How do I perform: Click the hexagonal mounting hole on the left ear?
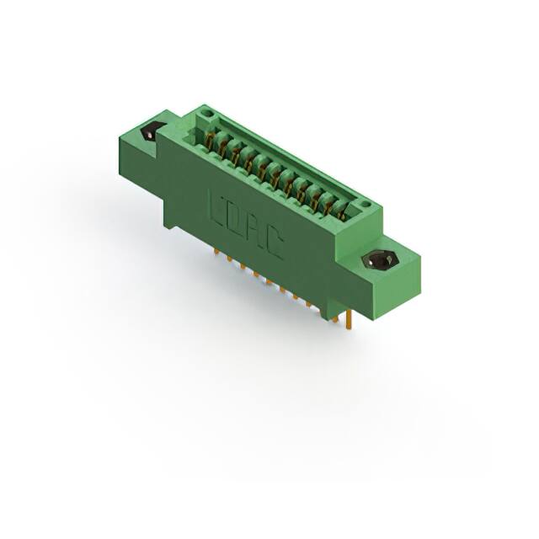152,131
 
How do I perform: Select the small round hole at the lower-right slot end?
364,205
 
